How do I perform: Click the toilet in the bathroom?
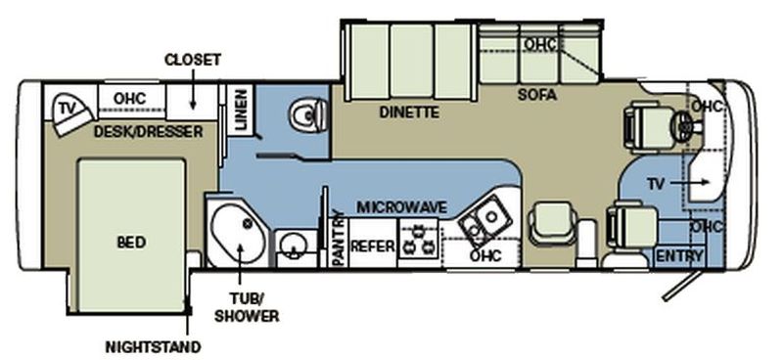(x=309, y=114)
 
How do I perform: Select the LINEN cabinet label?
(x=241, y=109)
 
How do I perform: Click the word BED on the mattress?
(x=131, y=243)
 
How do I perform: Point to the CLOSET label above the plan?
(x=193, y=60)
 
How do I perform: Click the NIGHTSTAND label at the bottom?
(x=153, y=346)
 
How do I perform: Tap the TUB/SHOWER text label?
(x=247, y=307)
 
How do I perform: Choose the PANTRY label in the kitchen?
(x=338, y=239)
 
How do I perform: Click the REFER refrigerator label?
(x=373, y=246)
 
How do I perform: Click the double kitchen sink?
(x=484, y=221)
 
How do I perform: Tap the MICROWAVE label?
(x=402, y=206)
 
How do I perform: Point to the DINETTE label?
(x=409, y=112)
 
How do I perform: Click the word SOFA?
(x=536, y=95)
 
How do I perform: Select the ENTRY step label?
(x=679, y=256)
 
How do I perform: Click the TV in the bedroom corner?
(x=70, y=112)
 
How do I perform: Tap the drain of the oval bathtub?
(x=248, y=224)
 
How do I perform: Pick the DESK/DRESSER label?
(x=149, y=132)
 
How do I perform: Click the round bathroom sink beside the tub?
(x=290, y=246)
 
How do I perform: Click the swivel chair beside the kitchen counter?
(x=554, y=224)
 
